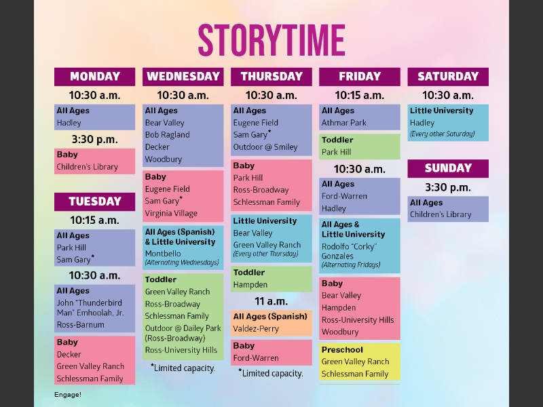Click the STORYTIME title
point(271,40)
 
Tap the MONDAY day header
point(94,77)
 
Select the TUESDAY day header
point(94,201)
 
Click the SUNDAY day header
point(448,168)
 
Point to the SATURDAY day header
point(448,77)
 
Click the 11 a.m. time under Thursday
point(271,301)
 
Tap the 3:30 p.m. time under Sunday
point(448,187)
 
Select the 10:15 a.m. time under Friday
point(360,96)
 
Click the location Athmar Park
point(344,123)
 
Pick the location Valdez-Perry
point(256,328)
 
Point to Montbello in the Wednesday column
point(163,254)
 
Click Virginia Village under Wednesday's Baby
point(171,213)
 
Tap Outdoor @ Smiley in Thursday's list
point(265,147)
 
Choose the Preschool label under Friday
point(342,350)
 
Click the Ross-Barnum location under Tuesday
point(81,325)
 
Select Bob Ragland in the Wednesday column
point(167,135)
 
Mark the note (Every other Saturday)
point(442,134)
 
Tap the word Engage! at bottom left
point(68,394)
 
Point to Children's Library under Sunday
point(441,215)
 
